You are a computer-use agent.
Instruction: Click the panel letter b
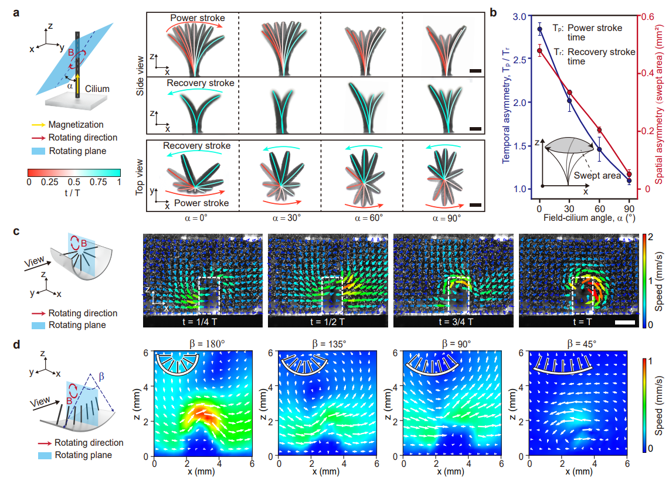(494, 13)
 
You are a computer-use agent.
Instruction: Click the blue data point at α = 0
(540, 29)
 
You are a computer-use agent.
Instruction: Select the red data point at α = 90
(629, 175)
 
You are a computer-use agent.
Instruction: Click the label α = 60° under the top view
(369, 218)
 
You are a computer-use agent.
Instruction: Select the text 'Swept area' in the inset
(597, 176)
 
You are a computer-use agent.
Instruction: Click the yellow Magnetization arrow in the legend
(38, 125)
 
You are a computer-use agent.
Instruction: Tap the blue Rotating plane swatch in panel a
(38, 151)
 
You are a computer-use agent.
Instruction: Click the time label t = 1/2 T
(327, 322)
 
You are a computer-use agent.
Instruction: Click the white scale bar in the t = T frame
(625, 322)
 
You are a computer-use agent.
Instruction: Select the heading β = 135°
(329, 344)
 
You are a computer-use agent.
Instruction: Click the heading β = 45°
(582, 344)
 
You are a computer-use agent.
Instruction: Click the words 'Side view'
(140, 76)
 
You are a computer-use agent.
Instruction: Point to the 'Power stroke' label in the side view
(198, 18)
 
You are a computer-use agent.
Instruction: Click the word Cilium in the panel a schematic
(97, 88)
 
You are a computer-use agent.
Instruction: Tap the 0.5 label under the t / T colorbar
(74, 182)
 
